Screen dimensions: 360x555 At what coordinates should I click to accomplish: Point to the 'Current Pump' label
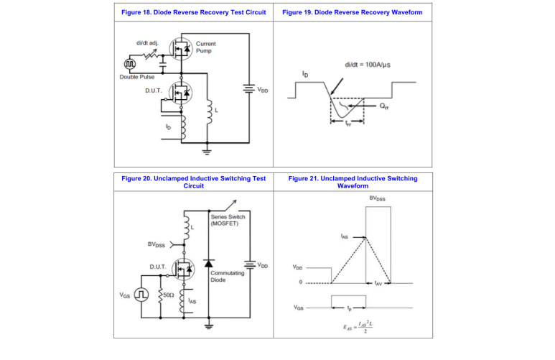click(x=205, y=47)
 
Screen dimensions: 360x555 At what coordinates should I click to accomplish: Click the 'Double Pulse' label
click(x=136, y=78)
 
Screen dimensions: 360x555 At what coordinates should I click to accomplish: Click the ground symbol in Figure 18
click(x=209, y=152)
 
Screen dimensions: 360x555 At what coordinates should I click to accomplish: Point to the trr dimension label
click(x=349, y=124)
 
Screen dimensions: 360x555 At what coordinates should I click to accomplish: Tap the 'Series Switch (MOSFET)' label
click(x=228, y=220)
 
